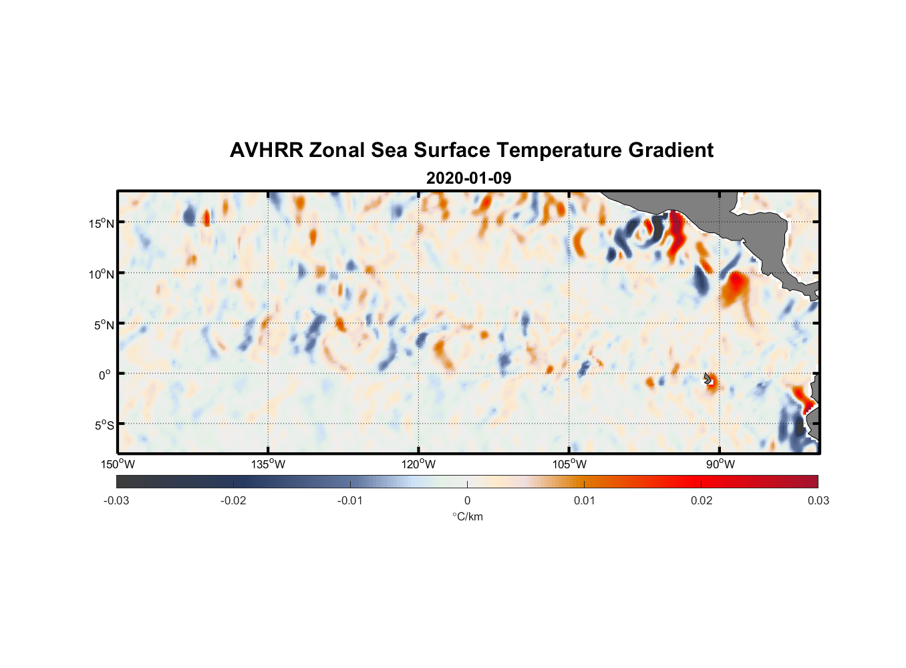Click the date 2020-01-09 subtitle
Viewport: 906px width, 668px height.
click(468, 178)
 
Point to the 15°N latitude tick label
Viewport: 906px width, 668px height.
click(102, 223)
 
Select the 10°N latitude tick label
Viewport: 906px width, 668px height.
click(102, 274)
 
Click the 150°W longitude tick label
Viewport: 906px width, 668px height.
click(118, 464)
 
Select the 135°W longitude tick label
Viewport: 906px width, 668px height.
click(269, 464)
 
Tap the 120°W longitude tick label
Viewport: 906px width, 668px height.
click(419, 464)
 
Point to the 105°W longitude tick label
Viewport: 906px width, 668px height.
click(569, 464)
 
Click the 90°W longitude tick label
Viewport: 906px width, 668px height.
click(720, 464)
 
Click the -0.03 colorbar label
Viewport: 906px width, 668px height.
click(116, 500)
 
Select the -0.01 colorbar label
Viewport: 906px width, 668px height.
click(350, 500)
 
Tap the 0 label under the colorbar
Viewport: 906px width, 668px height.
click(467, 500)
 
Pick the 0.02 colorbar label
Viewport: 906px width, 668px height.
click(702, 500)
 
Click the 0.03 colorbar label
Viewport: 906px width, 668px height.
click(818, 500)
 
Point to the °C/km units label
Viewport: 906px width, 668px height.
click(467, 516)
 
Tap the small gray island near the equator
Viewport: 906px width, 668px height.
click(708, 378)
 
